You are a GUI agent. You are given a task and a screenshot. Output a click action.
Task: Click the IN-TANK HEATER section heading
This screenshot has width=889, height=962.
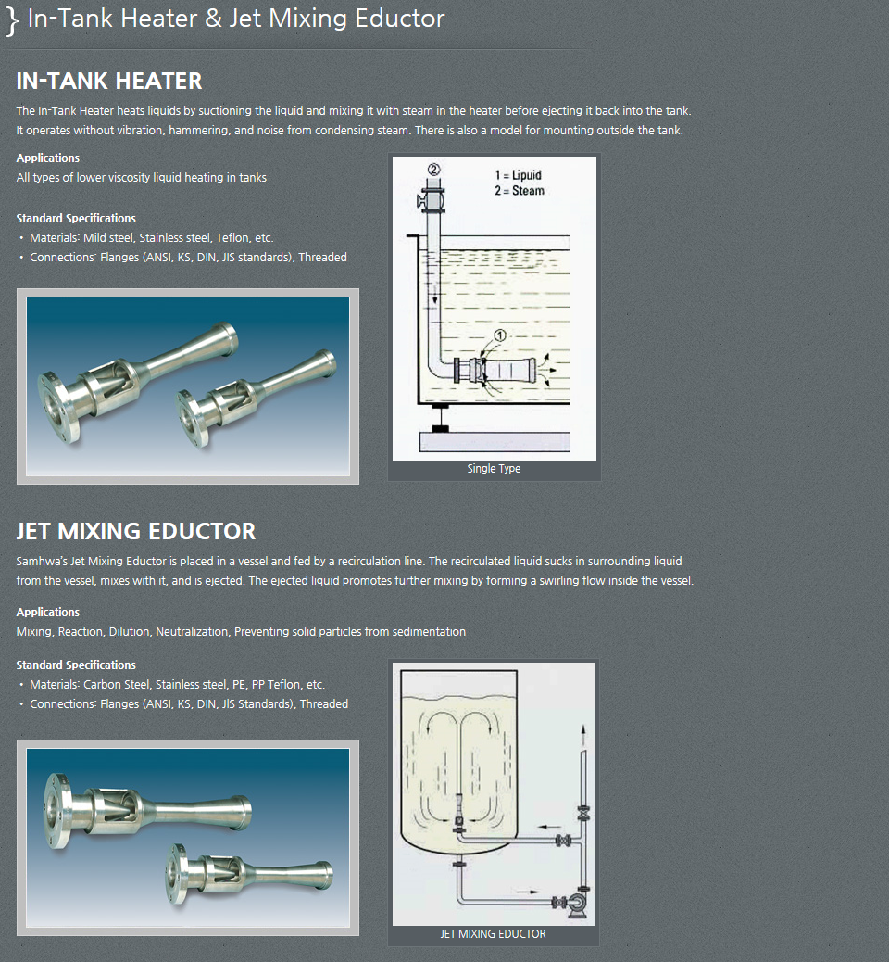[x=109, y=81]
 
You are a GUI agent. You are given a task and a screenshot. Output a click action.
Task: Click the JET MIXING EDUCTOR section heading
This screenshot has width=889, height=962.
[x=135, y=531]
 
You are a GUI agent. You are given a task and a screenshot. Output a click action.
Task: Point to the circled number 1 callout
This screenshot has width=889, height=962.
[x=500, y=335]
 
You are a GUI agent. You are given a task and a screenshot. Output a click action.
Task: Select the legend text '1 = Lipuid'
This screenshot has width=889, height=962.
[x=518, y=175]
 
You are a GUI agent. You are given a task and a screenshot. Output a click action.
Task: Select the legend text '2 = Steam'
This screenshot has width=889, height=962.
[x=519, y=191]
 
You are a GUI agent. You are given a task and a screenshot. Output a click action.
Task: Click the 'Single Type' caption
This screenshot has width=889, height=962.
[x=494, y=469]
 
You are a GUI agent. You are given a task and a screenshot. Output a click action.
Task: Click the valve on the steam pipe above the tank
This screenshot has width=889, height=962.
[x=432, y=199]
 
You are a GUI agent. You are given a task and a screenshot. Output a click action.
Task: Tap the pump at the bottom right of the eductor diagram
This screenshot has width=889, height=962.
[x=579, y=904]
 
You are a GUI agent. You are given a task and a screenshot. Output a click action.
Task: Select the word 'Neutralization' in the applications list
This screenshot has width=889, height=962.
[x=192, y=632]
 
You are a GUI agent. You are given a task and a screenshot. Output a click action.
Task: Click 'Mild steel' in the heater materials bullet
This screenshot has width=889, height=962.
[x=108, y=238]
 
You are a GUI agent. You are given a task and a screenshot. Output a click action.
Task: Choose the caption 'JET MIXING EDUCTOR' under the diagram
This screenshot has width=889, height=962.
[x=493, y=934]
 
